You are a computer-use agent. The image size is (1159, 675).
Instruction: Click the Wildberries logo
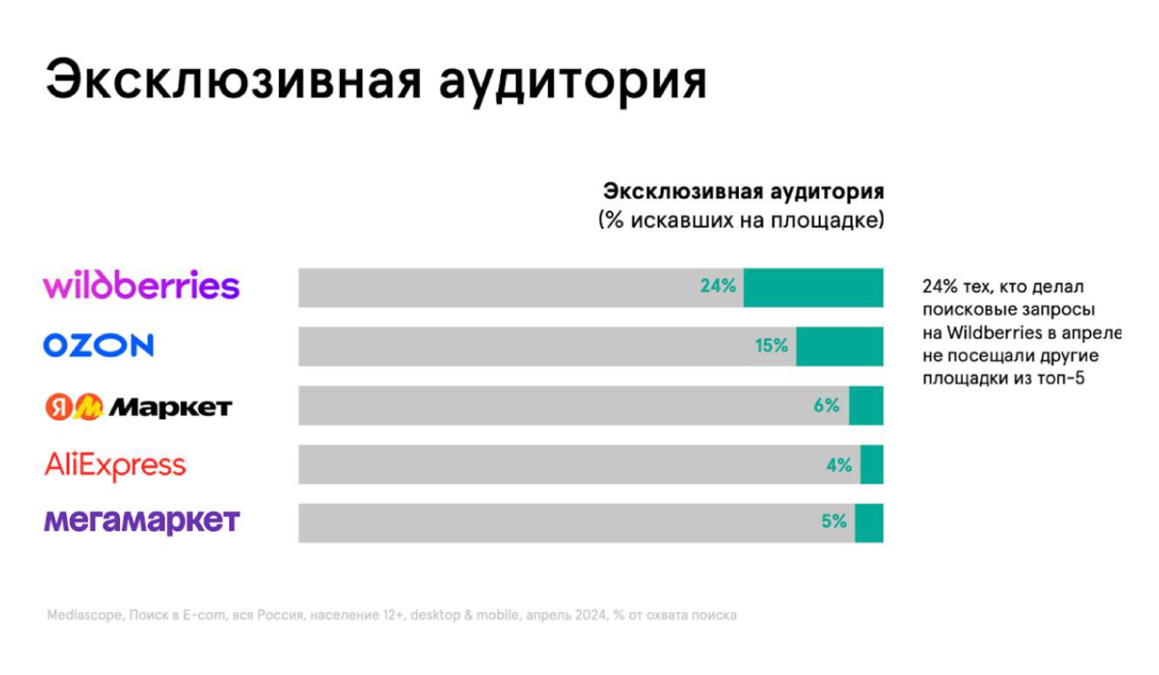(x=141, y=286)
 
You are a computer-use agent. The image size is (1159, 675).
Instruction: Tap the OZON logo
(x=99, y=345)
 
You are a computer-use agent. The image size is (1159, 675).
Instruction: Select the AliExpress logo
(x=115, y=465)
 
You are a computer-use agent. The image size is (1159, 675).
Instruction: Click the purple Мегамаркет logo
(x=141, y=520)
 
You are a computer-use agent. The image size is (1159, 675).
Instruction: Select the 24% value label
(x=718, y=286)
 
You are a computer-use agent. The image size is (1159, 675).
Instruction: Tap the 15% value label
(x=770, y=346)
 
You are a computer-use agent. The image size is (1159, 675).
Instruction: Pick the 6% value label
(x=826, y=405)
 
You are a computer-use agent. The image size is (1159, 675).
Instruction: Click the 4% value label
(x=839, y=464)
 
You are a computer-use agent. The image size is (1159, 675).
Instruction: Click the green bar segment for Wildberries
(x=813, y=287)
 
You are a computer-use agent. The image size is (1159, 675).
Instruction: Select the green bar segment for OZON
(x=839, y=346)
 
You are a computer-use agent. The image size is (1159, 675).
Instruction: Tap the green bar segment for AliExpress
(x=872, y=464)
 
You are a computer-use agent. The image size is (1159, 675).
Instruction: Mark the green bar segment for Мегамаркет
(x=869, y=522)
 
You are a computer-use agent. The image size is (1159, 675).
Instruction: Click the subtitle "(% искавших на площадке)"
(x=741, y=220)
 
